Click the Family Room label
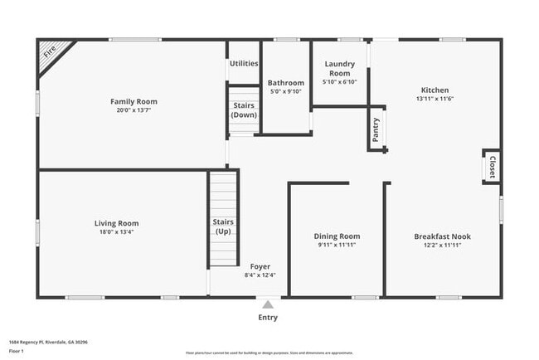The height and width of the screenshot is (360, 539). click(x=134, y=101)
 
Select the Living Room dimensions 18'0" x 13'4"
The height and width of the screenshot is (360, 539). click(x=116, y=232)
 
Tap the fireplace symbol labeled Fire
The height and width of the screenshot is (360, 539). click(x=51, y=53)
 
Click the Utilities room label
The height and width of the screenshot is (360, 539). click(x=244, y=63)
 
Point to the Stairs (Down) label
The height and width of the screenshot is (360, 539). click(x=244, y=109)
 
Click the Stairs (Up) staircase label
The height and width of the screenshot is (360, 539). click(x=223, y=226)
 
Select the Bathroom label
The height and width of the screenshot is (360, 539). click(x=286, y=82)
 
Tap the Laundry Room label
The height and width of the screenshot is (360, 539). click(x=339, y=68)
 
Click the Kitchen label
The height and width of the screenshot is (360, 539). click(x=435, y=90)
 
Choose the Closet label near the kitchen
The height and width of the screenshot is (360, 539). click(x=492, y=166)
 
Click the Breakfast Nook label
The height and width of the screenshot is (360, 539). click(x=442, y=236)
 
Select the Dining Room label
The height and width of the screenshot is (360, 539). click(x=337, y=236)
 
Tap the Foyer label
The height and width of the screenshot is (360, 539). click(x=260, y=266)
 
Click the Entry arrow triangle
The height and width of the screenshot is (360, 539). click(x=267, y=304)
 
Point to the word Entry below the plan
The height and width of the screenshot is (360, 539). click(x=267, y=317)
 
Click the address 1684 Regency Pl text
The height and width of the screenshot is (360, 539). click(x=48, y=341)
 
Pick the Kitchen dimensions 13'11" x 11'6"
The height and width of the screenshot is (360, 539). click(x=435, y=99)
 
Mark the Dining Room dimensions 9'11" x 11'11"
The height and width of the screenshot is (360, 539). click(x=337, y=246)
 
